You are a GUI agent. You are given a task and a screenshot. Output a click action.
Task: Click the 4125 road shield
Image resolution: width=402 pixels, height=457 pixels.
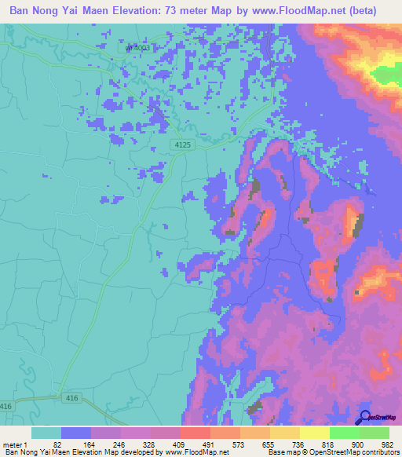pyautogui.click(x=183, y=144)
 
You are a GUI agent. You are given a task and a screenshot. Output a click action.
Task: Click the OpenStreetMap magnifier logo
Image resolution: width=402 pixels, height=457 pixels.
pyautogui.click(x=364, y=416)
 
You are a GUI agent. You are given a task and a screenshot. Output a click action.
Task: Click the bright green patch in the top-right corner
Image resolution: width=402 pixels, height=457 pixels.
pyautogui.click(x=386, y=75)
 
